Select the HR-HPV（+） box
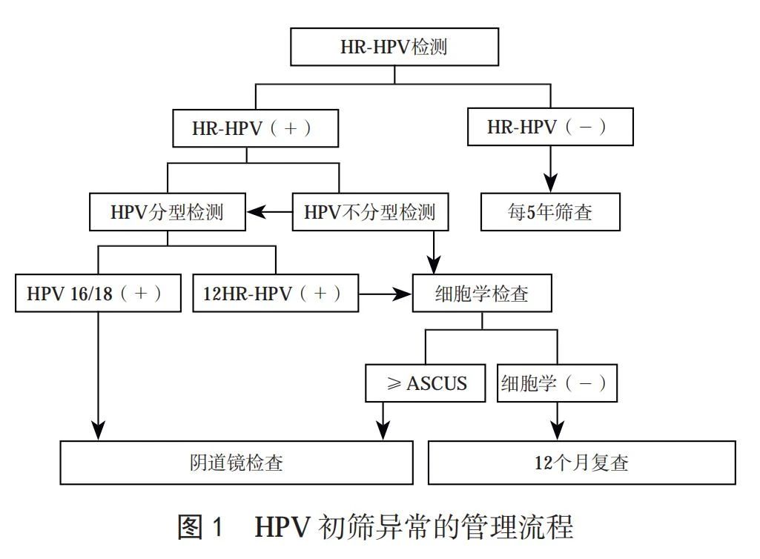click(x=254, y=128)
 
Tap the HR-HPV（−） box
click(x=549, y=128)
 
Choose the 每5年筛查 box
click(x=549, y=213)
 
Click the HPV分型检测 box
click(x=167, y=213)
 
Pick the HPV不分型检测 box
click(x=370, y=213)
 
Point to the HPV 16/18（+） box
click(x=97, y=294)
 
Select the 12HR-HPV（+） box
click(x=274, y=294)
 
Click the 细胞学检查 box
click(x=481, y=294)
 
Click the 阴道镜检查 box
click(x=236, y=463)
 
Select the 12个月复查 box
click(x=582, y=463)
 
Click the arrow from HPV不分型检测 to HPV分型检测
click(x=268, y=213)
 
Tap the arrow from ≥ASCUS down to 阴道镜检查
click(x=383, y=421)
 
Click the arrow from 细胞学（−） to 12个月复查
click(x=556, y=421)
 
